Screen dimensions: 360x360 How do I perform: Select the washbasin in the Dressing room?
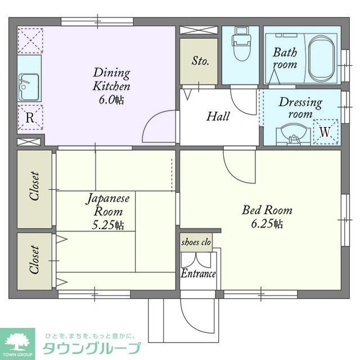click(x=293, y=134)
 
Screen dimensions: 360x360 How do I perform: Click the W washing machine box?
click(x=325, y=130)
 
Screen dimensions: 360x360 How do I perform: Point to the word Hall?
click(x=218, y=116)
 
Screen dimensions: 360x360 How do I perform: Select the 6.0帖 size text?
click(x=112, y=100)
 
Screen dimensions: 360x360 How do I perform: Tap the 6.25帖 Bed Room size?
click(x=267, y=224)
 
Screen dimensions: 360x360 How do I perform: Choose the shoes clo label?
click(x=196, y=242)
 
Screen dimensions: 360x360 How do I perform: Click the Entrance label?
click(x=198, y=274)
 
